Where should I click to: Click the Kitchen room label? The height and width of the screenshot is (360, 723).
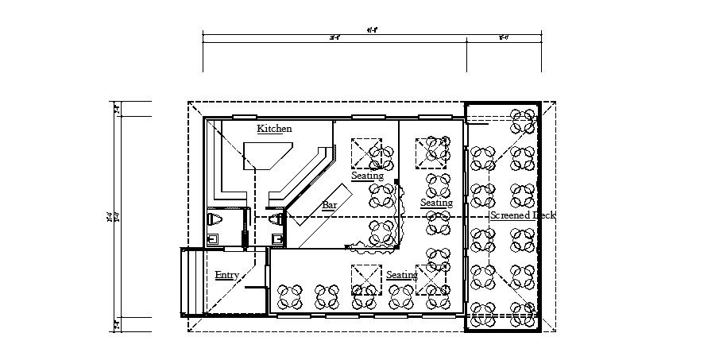tap(275, 129)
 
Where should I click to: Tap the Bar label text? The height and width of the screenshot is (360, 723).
tap(329, 205)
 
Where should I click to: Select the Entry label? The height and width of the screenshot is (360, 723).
tap(226, 275)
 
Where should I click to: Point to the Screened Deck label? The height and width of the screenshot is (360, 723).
tap(522, 215)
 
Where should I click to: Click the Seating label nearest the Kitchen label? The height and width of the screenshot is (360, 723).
tap(368, 175)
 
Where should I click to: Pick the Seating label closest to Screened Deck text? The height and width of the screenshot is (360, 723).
tap(436, 203)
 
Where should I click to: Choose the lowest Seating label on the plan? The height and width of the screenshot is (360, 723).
tap(402, 275)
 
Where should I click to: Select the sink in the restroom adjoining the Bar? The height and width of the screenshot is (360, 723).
tap(277, 238)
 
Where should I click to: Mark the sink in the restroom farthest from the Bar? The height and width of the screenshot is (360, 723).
tap(212, 238)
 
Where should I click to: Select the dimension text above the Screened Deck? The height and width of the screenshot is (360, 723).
tap(504, 37)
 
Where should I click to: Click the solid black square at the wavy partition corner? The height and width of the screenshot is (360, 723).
tap(396, 182)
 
